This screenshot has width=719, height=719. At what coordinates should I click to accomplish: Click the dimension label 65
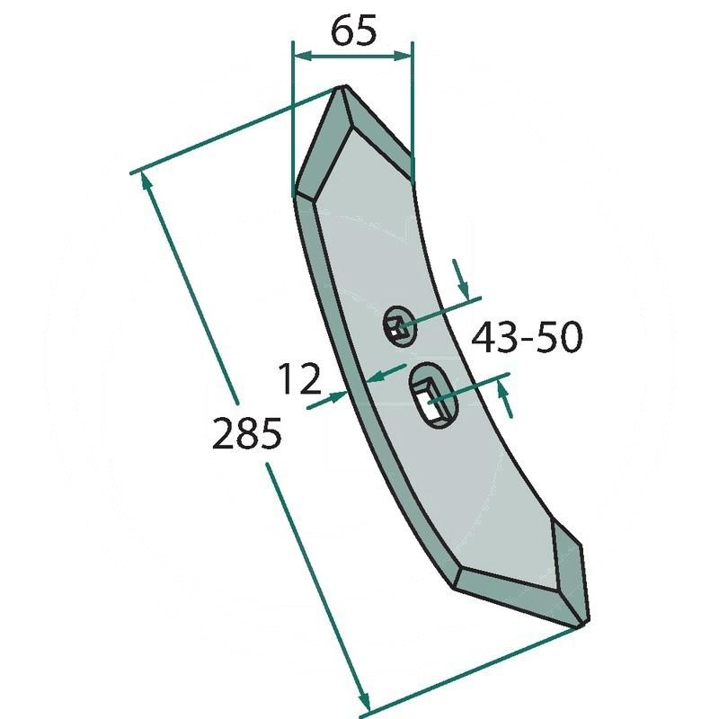click(353, 31)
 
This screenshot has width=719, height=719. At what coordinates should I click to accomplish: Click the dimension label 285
click(246, 434)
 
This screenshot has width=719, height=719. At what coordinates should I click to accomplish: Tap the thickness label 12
click(299, 378)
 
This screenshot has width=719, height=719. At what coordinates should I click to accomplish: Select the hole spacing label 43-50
click(527, 337)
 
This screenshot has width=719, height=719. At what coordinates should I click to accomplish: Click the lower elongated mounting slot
click(433, 396)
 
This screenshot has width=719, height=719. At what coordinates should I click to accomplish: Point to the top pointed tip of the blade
click(343, 87)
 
